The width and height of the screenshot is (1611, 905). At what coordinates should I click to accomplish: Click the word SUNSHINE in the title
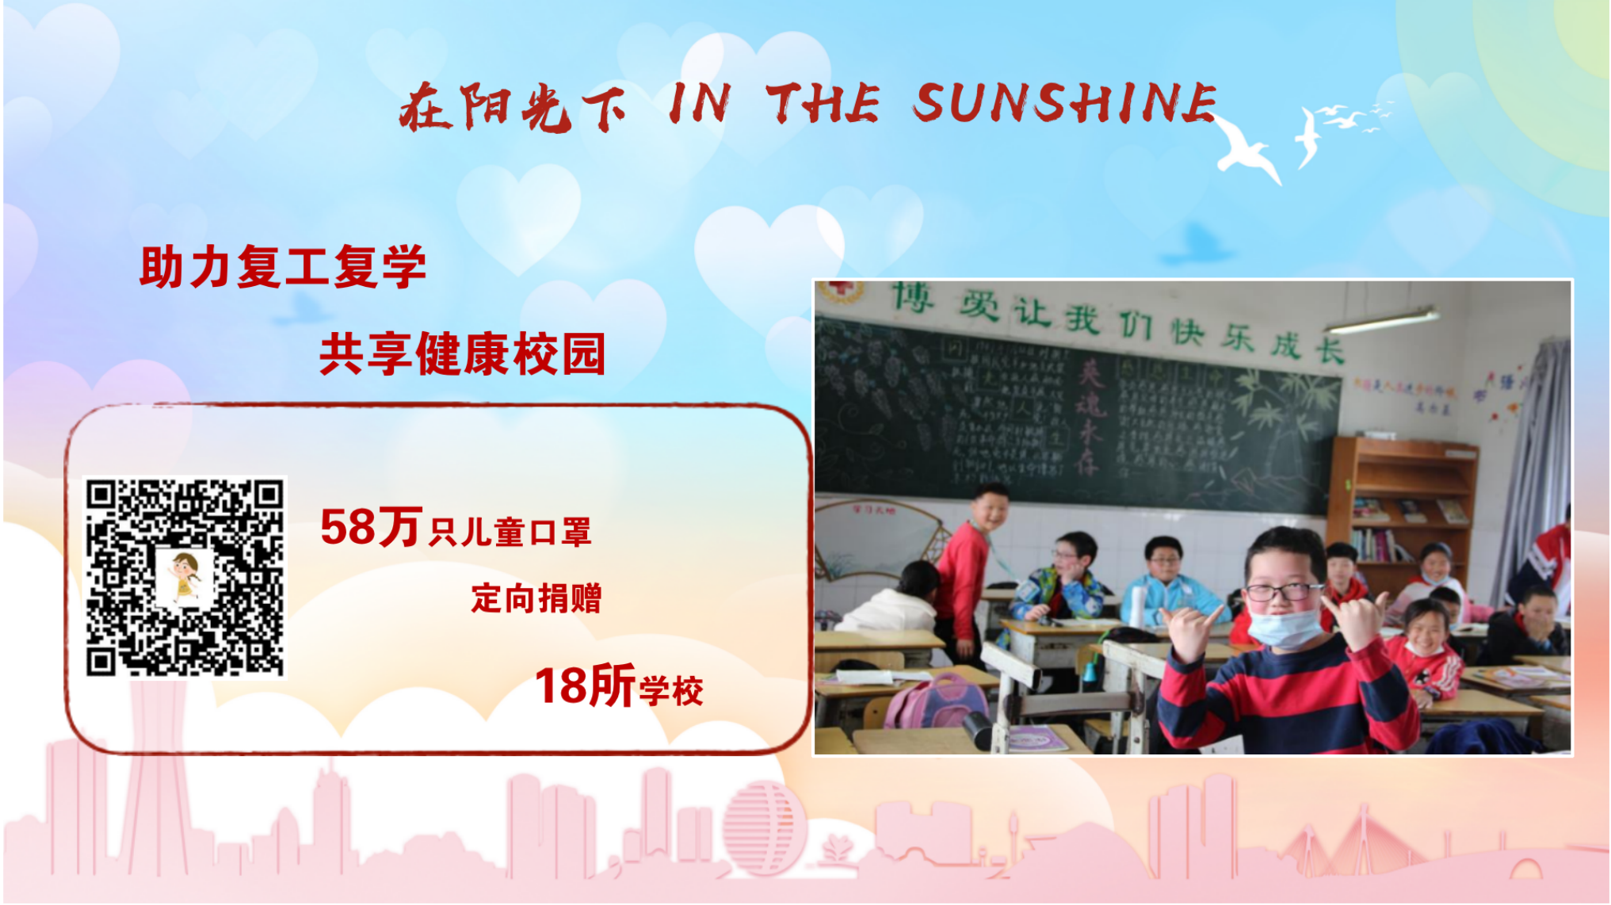click(1063, 103)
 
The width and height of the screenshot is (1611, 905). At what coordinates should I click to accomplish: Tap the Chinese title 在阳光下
click(512, 108)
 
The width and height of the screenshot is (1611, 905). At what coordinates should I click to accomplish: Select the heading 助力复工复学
click(283, 266)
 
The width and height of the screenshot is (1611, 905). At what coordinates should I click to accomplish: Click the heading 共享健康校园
click(463, 353)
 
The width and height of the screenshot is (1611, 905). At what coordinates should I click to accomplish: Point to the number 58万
click(370, 527)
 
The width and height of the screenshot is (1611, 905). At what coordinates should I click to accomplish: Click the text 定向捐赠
click(536, 598)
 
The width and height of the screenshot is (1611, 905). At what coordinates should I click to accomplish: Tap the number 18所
click(585, 686)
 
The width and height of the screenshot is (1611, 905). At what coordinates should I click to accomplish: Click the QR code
click(185, 577)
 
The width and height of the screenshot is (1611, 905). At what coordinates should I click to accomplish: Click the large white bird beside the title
click(1248, 149)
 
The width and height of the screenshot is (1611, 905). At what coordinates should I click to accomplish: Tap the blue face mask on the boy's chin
click(1285, 626)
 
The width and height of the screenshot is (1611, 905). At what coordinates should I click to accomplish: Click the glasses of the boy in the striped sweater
click(1282, 591)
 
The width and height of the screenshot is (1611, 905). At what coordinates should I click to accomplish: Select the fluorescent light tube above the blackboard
click(1383, 320)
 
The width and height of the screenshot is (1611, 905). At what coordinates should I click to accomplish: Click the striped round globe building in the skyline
click(763, 827)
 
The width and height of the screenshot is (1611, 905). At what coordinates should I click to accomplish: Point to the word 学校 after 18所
click(671, 692)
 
